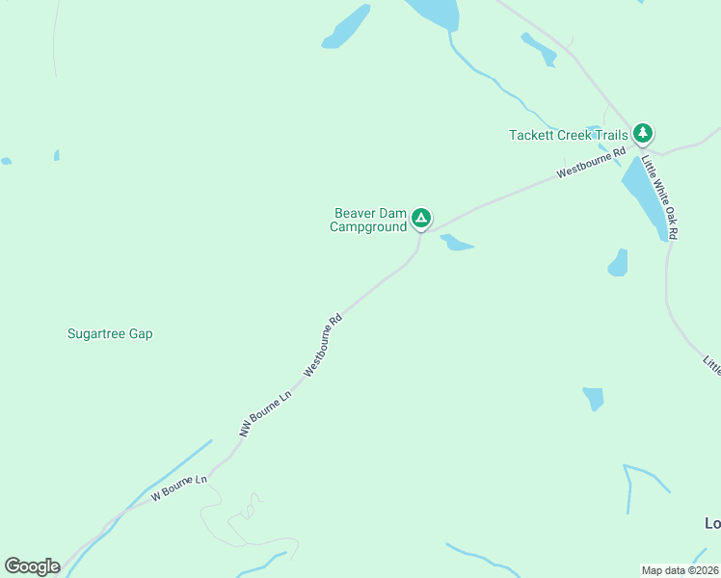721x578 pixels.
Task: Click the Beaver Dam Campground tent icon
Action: coord(421,219)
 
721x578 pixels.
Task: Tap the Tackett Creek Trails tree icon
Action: coord(643,135)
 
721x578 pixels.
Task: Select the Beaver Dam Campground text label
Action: coord(368,220)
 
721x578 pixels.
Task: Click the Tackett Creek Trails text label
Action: coord(569,136)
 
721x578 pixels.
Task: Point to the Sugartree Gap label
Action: coord(110,334)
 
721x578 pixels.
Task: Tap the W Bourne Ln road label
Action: coord(179,487)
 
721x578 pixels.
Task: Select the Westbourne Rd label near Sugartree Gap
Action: coord(323,345)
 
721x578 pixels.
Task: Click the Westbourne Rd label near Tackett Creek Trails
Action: coord(591,163)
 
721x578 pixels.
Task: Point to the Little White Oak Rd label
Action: coord(660,197)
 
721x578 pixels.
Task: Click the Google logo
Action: coord(32,566)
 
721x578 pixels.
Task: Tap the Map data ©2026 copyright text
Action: coord(681,569)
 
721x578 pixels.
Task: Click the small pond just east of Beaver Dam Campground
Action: coord(456,243)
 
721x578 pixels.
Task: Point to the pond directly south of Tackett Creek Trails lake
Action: coord(618,262)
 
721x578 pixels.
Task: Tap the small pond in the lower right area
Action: coord(594,397)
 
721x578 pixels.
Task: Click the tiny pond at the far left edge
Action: coord(6,161)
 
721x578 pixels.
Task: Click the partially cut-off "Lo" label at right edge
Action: coord(712,523)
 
